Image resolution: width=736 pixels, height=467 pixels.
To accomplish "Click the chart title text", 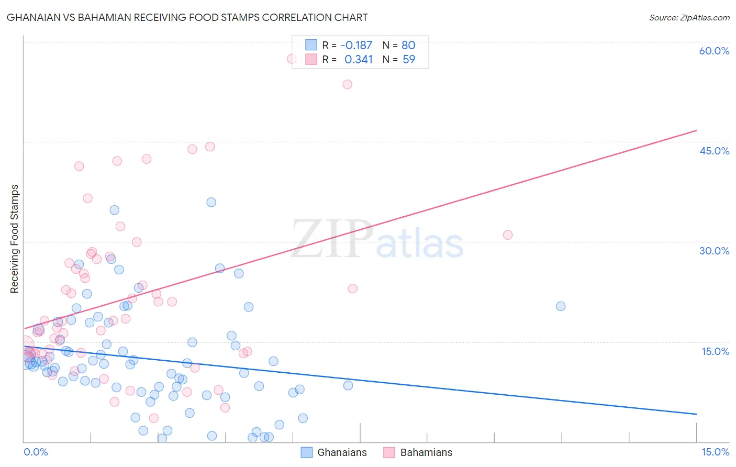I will [187, 17].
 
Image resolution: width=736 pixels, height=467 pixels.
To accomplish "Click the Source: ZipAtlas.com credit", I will [689, 17].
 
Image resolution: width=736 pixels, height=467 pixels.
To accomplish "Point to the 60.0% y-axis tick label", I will [714, 51].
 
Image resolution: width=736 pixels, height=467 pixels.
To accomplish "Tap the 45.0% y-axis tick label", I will [714, 151].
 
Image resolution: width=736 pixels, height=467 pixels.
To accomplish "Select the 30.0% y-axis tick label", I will [714, 251].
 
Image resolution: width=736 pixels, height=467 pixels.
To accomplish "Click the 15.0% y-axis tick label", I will [715, 351].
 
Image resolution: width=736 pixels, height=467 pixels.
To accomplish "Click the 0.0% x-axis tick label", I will [36, 452].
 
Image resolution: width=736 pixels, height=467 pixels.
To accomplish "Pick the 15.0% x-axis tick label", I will [715, 452].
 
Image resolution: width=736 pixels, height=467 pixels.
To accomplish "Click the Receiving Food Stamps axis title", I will [15, 239].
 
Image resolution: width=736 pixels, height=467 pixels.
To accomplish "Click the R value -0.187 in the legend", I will [356, 45].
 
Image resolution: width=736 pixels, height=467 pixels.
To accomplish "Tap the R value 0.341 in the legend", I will [358, 60].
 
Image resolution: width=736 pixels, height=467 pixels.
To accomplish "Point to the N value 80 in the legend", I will [408, 45].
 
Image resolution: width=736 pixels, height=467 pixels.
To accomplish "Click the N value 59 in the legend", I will [408, 60].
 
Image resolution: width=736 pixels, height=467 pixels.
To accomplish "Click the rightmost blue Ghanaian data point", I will [561, 306].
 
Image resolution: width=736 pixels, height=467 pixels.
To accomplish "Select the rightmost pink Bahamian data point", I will [507, 235].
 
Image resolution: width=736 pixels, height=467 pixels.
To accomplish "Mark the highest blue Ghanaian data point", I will [211, 202].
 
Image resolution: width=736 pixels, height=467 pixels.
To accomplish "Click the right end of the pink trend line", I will [696, 130].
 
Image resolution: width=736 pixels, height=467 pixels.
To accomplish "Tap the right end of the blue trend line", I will [696, 414].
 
